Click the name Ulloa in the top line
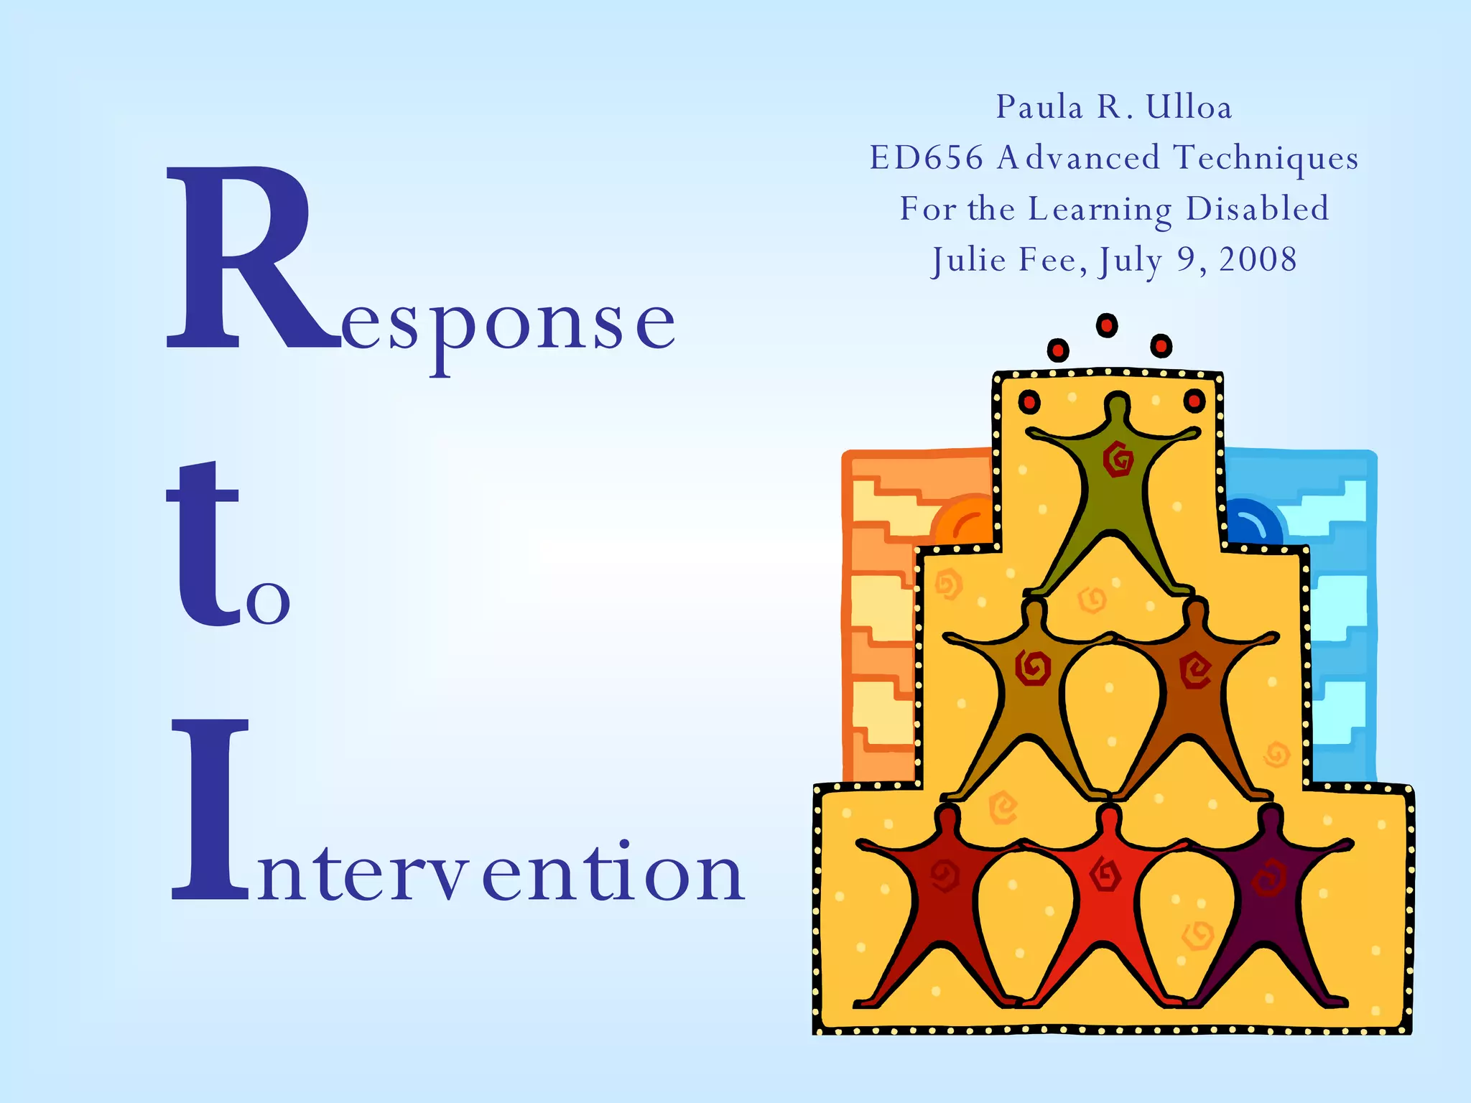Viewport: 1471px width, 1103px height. pos(1188,108)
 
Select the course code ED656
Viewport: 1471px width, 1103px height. pos(926,158)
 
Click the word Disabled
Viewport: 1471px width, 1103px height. pos(1257,209)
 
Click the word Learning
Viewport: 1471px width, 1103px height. pos(1100,210)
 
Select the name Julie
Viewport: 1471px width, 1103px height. pos(969,260)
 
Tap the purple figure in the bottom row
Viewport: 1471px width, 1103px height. pos(1271,898)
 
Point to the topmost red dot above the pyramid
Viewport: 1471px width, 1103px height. pos(1107,326)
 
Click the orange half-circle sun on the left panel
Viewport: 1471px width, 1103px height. pos(966,521)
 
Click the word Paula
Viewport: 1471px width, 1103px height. pos(1039,108)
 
